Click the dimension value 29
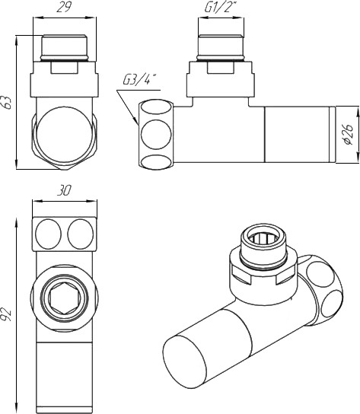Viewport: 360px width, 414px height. (64, 8)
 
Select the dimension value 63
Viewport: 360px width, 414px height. (8, 103)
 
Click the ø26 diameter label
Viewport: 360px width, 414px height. (349, 135)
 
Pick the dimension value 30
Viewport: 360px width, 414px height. (64, 190)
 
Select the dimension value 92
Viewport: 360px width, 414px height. (7, 314)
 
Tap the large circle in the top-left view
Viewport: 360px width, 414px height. (64, 135)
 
